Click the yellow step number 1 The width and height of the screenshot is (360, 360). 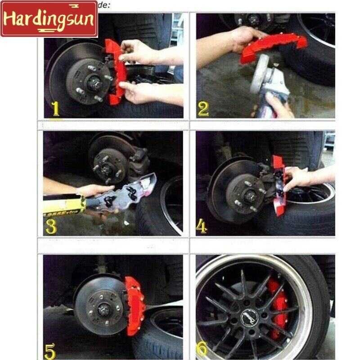55,109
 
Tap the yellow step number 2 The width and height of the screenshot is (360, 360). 203,109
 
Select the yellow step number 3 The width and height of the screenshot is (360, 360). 51,226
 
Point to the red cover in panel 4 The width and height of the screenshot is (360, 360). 279,184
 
